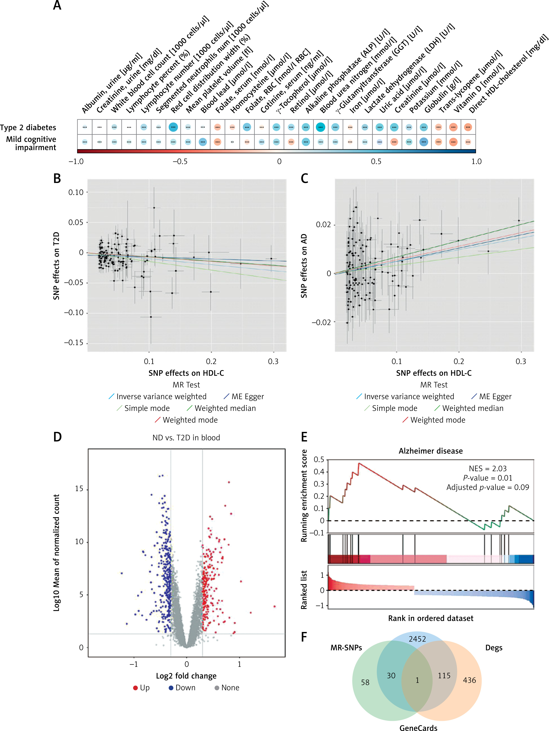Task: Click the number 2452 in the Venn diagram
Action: point(417,639)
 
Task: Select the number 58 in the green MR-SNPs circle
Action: point(365,682)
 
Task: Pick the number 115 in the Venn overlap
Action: point(444,675)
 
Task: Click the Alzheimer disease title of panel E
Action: point(430,451)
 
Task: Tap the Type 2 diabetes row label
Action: point(28,128)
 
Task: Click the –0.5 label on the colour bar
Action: point(180,161)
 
